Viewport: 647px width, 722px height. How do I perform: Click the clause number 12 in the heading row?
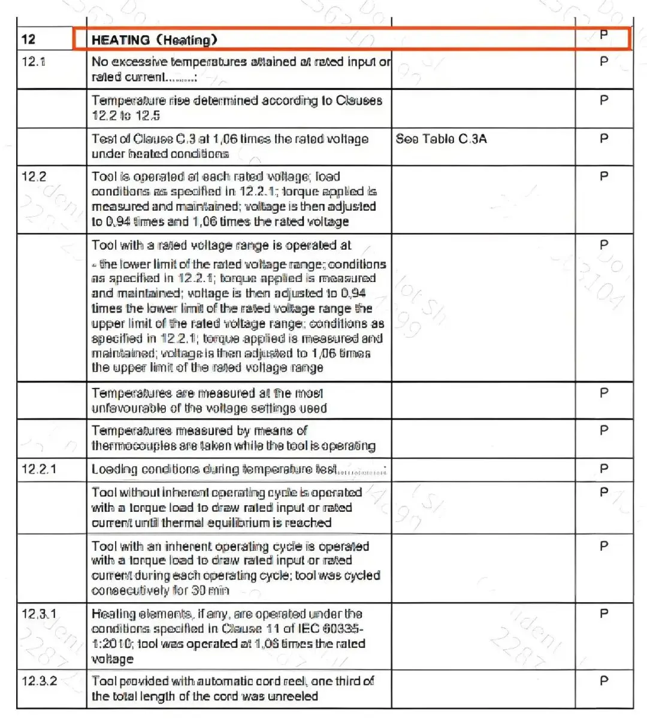[x=29, y=40]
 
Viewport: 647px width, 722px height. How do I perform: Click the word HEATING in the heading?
[x=120, y=40]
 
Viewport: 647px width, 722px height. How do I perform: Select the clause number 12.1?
[x=33, y=61]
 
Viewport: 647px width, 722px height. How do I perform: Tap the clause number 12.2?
[x=34, y=177]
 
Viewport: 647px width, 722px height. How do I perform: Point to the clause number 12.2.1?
[x=39, y=469]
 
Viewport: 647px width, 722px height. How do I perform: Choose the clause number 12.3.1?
[x=39, y=614]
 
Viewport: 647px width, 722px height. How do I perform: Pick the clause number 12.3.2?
[x=39, y=681]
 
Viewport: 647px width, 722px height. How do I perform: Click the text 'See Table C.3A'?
[x=441, y=139]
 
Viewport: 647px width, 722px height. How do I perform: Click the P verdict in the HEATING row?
[x=604, y=35]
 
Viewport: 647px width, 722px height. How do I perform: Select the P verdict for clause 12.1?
[x=604, y=61]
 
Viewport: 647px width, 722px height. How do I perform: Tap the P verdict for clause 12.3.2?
[x=604, y=681]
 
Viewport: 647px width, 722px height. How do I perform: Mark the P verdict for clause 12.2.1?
[x=604, y=469]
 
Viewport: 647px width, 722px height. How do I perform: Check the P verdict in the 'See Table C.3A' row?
[x=604, y=139]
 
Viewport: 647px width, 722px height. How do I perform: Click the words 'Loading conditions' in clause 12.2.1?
[x=144, y=469]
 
